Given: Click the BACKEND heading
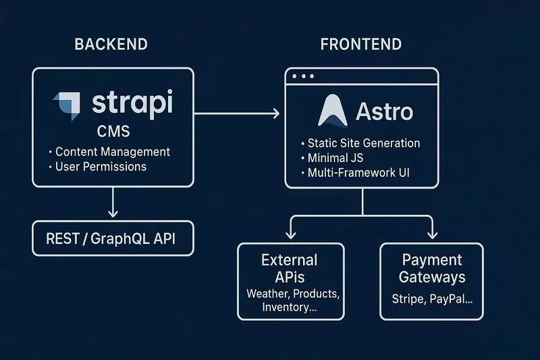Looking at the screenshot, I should [x=111, y=45].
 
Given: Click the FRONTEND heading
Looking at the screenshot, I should [x=361, y=45].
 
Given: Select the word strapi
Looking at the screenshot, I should [x=132, y=105].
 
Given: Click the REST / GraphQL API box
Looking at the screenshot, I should [x=113, y=238].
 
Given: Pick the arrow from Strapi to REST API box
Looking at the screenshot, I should [x=113, y=203].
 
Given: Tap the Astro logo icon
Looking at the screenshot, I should [x=333, y=111].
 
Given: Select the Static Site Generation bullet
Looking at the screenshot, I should [x=363, y=143].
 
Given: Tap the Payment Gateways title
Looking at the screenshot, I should [x=432, y=268].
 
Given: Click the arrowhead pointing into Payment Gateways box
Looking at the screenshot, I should [x=432, y=234].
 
